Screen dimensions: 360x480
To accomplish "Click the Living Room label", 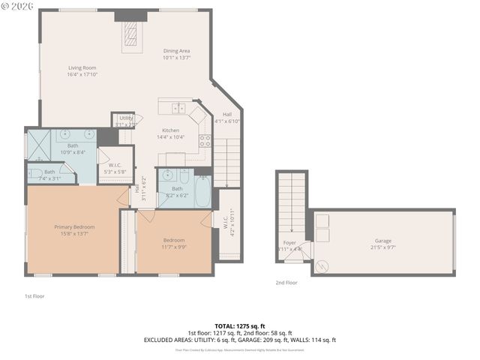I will (x=82, y=68).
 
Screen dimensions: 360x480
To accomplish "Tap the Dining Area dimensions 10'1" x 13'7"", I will (x=177, y=58).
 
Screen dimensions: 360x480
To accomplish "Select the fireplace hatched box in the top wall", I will (x=130, y=34).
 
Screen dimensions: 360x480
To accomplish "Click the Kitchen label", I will (x=170, y=130).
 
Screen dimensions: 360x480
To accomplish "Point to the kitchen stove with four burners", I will (x=204, y=139).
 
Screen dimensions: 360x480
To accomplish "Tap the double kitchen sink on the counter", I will (x=178, y=108).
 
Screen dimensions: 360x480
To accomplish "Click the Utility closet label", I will (x=125, y=118).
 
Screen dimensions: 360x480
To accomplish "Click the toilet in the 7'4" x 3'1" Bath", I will (x=35, y=175).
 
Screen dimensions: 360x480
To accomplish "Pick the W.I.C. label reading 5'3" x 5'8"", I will (x=115, y=169).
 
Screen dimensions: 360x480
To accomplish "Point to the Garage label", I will (x=383, y=241).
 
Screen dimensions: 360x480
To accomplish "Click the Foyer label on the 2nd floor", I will (x=289, y=243).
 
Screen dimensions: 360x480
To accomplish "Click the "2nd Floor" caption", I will (x=286, y=283).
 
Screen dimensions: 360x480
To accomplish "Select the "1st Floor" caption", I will (x=34, y=296).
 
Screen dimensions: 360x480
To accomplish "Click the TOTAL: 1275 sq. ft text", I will (x=239, y=326).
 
